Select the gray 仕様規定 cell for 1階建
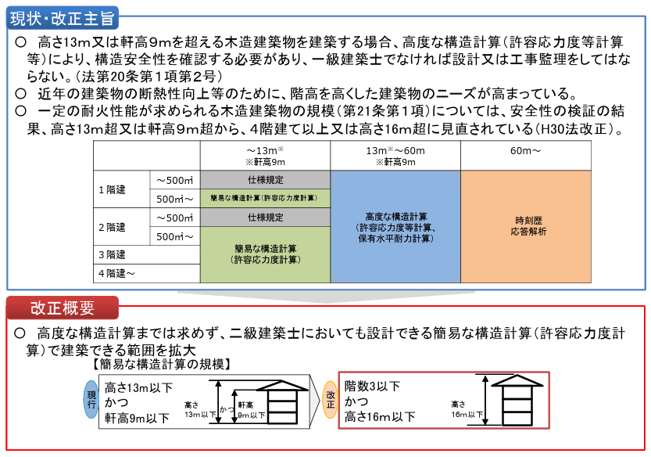tap(265, 180)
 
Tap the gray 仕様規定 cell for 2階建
tap(265, 218)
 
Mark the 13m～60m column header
tap(395, 156)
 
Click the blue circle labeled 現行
tap(92, 399)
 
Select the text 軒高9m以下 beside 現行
tap(138, 418)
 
